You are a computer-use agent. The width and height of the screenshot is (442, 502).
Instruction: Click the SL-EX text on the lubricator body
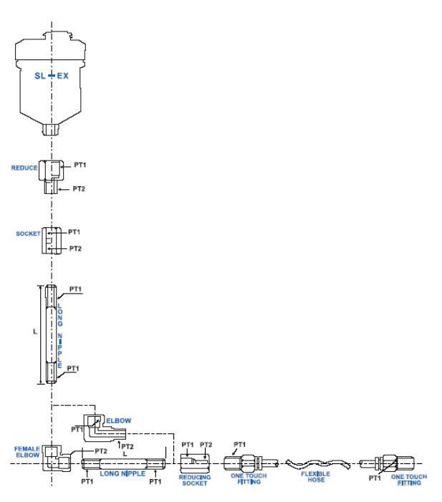52,75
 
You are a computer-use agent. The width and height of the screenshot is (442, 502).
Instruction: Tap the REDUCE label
24,168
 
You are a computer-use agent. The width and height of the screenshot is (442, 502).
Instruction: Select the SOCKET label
28,233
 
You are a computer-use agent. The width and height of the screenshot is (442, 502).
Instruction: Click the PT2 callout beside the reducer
79,189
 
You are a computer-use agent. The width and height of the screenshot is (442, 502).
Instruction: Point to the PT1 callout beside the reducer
80,165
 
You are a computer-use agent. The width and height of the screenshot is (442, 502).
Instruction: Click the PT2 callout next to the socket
75,248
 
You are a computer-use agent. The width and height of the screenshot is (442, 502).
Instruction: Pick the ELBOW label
118,420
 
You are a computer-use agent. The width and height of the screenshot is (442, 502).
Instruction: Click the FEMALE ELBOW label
27,452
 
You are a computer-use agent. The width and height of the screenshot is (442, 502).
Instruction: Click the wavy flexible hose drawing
315,463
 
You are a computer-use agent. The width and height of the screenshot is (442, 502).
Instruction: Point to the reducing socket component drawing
194,463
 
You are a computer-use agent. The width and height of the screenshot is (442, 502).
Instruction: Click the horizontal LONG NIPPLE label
122,473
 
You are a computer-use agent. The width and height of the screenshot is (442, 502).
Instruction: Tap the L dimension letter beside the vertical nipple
34,332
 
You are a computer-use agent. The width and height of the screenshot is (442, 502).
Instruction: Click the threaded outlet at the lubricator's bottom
52,130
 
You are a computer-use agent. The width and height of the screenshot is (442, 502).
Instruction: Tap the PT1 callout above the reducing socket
188,445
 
